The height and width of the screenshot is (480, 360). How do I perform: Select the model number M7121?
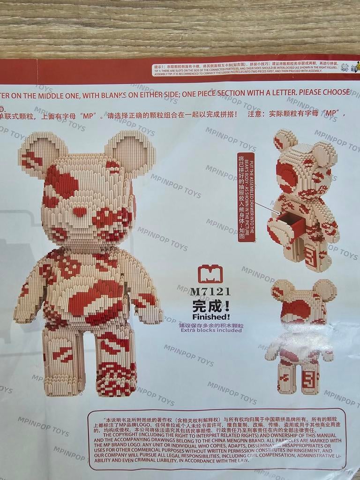pos(210,292)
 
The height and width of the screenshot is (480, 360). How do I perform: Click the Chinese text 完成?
pos(211,306)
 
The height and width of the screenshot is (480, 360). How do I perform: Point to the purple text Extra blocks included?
pos(210,330)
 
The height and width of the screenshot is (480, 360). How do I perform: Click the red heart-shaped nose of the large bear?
pos(80,211)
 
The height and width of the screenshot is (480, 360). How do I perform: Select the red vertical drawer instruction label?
pos(246,197)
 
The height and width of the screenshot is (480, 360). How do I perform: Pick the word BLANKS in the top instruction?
pos(107,94)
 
